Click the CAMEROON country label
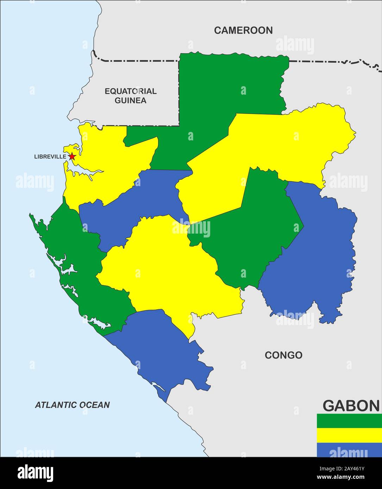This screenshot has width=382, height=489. coord(243,31)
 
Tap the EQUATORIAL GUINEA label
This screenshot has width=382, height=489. coord(131,96)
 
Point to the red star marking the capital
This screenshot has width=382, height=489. coord(72,156)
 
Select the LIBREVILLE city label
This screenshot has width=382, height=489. coord(50,157)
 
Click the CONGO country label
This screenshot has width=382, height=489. coord(283,355)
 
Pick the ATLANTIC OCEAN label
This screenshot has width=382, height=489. coord(72,405)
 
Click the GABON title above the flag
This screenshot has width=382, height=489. coord(351,406)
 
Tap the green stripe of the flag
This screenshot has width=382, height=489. coord(349,421)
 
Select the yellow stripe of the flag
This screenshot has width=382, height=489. coord(349,435)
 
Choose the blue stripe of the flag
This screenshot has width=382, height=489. coord(349,450)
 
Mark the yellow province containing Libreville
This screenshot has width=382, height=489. coord(106,165)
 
